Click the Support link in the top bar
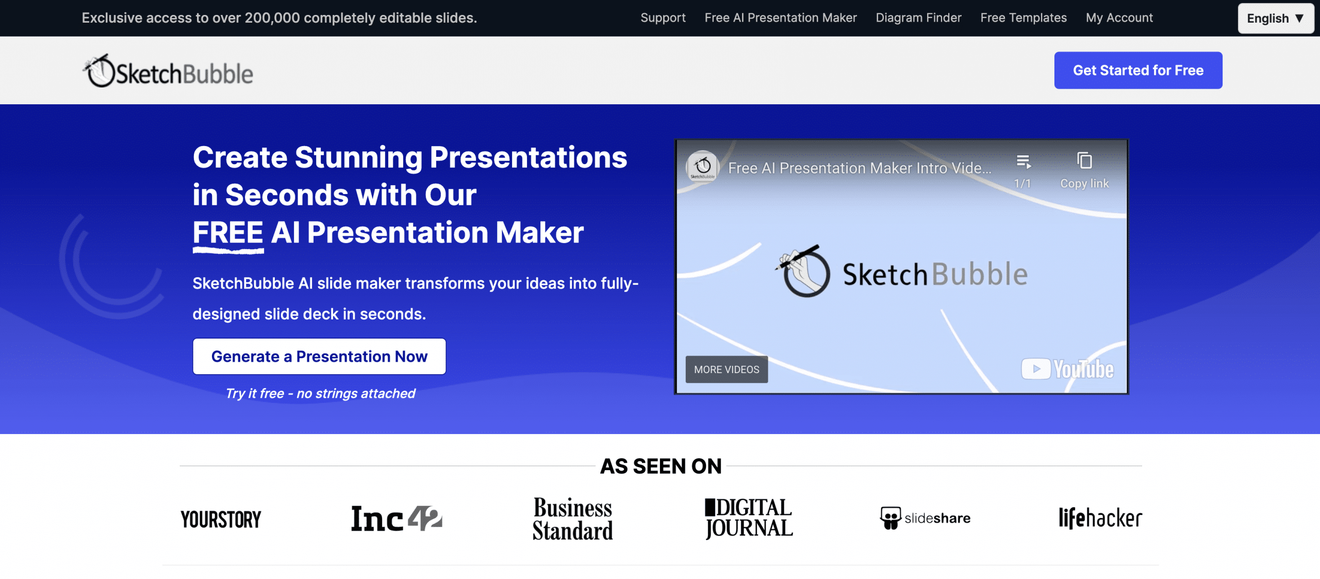(x=663, y=18)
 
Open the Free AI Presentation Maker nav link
(x=781, y=18)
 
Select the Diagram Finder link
(x=918, y=18)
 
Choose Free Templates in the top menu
(x=1024, y=18)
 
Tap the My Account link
(x=1119, y=18)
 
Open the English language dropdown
(x=1276, y=19)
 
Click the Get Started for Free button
(x=1138, y=70)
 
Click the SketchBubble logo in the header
(x=168, y=71)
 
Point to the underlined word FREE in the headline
(x=228, y=233)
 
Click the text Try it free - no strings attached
(x=320, y=394)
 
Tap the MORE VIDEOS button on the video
(x=727, y=369)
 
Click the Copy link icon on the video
(x=1084, y=161)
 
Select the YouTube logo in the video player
(x=1067, y=369)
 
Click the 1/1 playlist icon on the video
(x=1024, y=162)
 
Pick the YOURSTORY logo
(x=221, y=520)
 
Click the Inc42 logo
(x=397, y=519)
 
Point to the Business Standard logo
(x=573, y=519)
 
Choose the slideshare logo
(x=925, y=518)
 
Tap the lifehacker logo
(x=1100, y=518)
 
